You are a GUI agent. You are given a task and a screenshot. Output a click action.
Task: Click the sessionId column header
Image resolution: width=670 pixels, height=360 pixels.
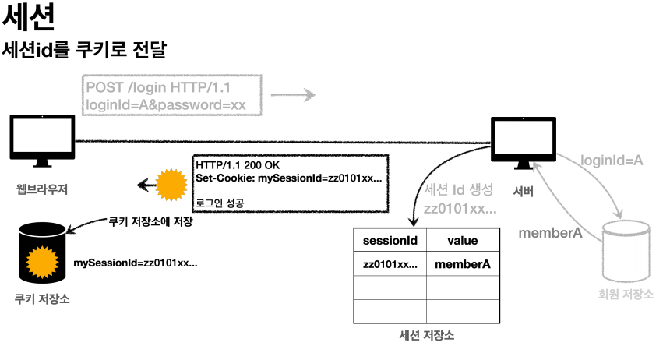tap(390, 241)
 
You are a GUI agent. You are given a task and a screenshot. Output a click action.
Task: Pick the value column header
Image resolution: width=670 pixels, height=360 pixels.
tap(462, 241)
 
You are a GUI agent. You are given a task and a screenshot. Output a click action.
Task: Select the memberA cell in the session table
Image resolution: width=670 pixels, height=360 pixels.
tap(462, 264)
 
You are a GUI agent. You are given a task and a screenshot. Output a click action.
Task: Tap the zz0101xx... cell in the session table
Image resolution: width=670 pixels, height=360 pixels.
tap(390, 264)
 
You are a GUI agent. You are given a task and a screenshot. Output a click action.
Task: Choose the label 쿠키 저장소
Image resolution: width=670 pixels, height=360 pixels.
tap(42, 298)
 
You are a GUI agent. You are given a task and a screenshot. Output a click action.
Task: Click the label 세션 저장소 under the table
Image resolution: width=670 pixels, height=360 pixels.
tap(426, 336)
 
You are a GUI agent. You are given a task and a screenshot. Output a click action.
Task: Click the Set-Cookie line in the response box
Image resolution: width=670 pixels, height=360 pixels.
tap(288, 178)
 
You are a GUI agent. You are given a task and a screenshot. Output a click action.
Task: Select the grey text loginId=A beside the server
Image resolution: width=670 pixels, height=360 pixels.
tap(612, 161)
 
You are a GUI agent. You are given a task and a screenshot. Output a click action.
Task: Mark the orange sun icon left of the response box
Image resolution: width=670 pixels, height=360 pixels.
tap(171, 185)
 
